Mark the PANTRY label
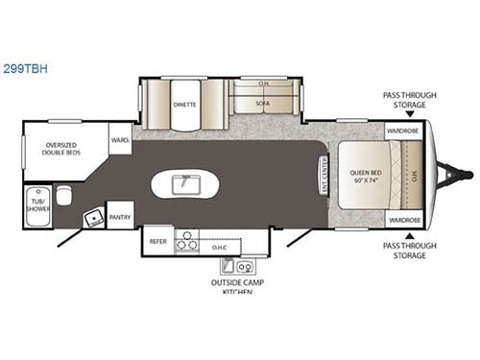(x=120, y=217)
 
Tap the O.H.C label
(x=220, y=247)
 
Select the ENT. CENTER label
(x=323, y=175)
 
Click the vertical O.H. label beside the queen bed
(x=415, y=175)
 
